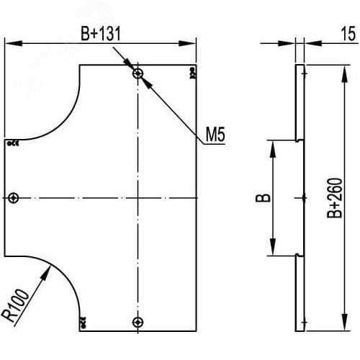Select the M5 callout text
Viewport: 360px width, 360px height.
pyautogui.click(x=215, y=135)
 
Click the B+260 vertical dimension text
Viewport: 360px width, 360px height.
pyautogui.click(x=333, y=197)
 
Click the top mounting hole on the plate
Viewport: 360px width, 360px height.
pyautogui.click(x=138, y=73)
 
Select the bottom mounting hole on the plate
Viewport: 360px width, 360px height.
pyautogui.click(x=138, y=321)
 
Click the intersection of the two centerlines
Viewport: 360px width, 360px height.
pyautogui.click(x=138, y=197)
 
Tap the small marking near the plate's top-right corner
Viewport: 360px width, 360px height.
pyautogui.click(x=192, y=72)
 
